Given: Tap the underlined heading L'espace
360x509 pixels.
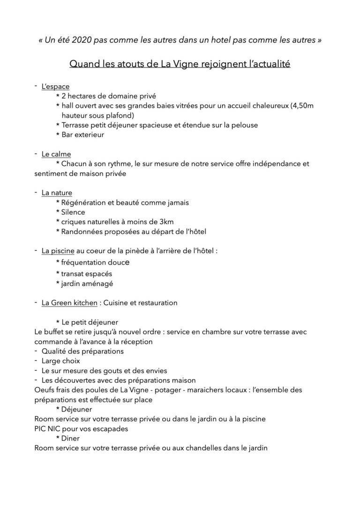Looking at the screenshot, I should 55,86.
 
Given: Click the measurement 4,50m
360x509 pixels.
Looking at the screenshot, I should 302,106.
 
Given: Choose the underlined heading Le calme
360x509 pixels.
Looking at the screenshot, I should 56,154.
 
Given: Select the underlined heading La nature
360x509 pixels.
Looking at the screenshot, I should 57,193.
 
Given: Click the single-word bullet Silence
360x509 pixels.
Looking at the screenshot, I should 73,212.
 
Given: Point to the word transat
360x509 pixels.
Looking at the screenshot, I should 73,273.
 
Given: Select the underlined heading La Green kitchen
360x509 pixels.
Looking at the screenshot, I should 69,303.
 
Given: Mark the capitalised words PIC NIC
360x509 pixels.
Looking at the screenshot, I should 50,429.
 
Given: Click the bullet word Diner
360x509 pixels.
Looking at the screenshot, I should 71,438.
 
